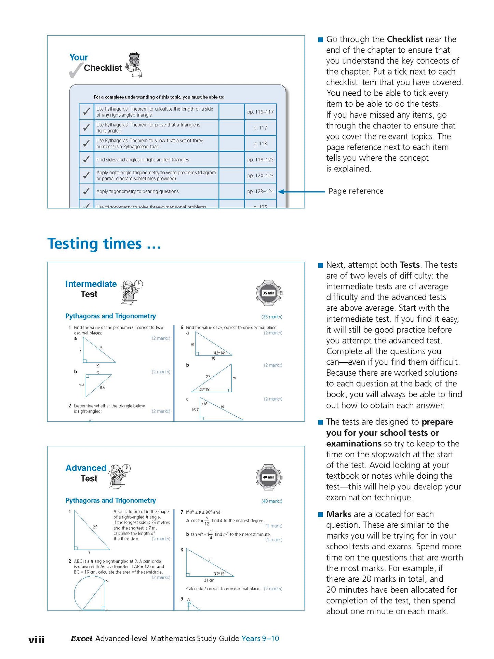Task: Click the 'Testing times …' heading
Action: (x=104, y=244)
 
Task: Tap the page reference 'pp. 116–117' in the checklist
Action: (x=260, y=112)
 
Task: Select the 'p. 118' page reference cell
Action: (x=260, y=144)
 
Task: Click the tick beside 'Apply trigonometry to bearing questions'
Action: (x=86, y=191)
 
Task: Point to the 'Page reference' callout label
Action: (x=356, y=191)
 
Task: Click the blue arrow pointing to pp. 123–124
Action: (x=301, y=192)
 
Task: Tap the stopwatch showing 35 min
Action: (x=269, y=293)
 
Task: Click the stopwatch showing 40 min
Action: (x=269, y=477)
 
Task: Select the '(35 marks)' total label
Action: (x=272, y=317)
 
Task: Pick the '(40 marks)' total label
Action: (x=272, y=501)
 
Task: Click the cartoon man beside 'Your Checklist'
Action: (x=134, y=65)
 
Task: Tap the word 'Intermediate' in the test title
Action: (x=91, y=284)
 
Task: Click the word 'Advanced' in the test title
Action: (x=86, y=468)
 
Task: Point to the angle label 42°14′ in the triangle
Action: (x=219, y=353)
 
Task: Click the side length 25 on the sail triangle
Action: (x=95, y=527)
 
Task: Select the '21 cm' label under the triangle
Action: (x=209, y=580)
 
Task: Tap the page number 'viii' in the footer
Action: (x=36, y=640)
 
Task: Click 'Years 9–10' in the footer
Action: (x=260, y=638)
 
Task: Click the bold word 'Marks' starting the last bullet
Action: (x=338, y=514)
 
